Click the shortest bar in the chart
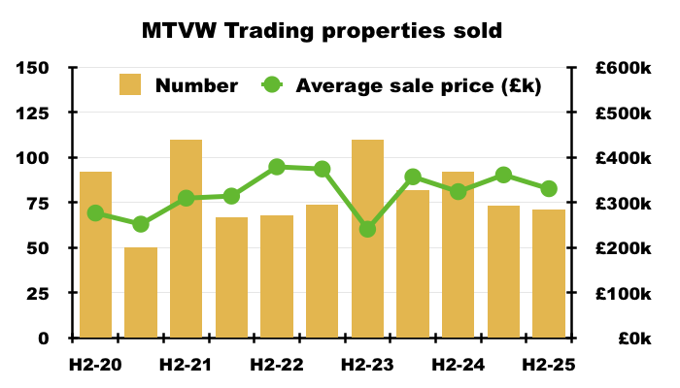click(141, 292)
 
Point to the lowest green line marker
click(367, 229)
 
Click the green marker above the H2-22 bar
click(277, 167)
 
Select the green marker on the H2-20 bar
click(95, 213)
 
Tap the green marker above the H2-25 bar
click(549, 189)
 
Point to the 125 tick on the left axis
click(33, 113)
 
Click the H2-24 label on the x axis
click(459, 367)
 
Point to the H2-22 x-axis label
click(277, 367)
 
